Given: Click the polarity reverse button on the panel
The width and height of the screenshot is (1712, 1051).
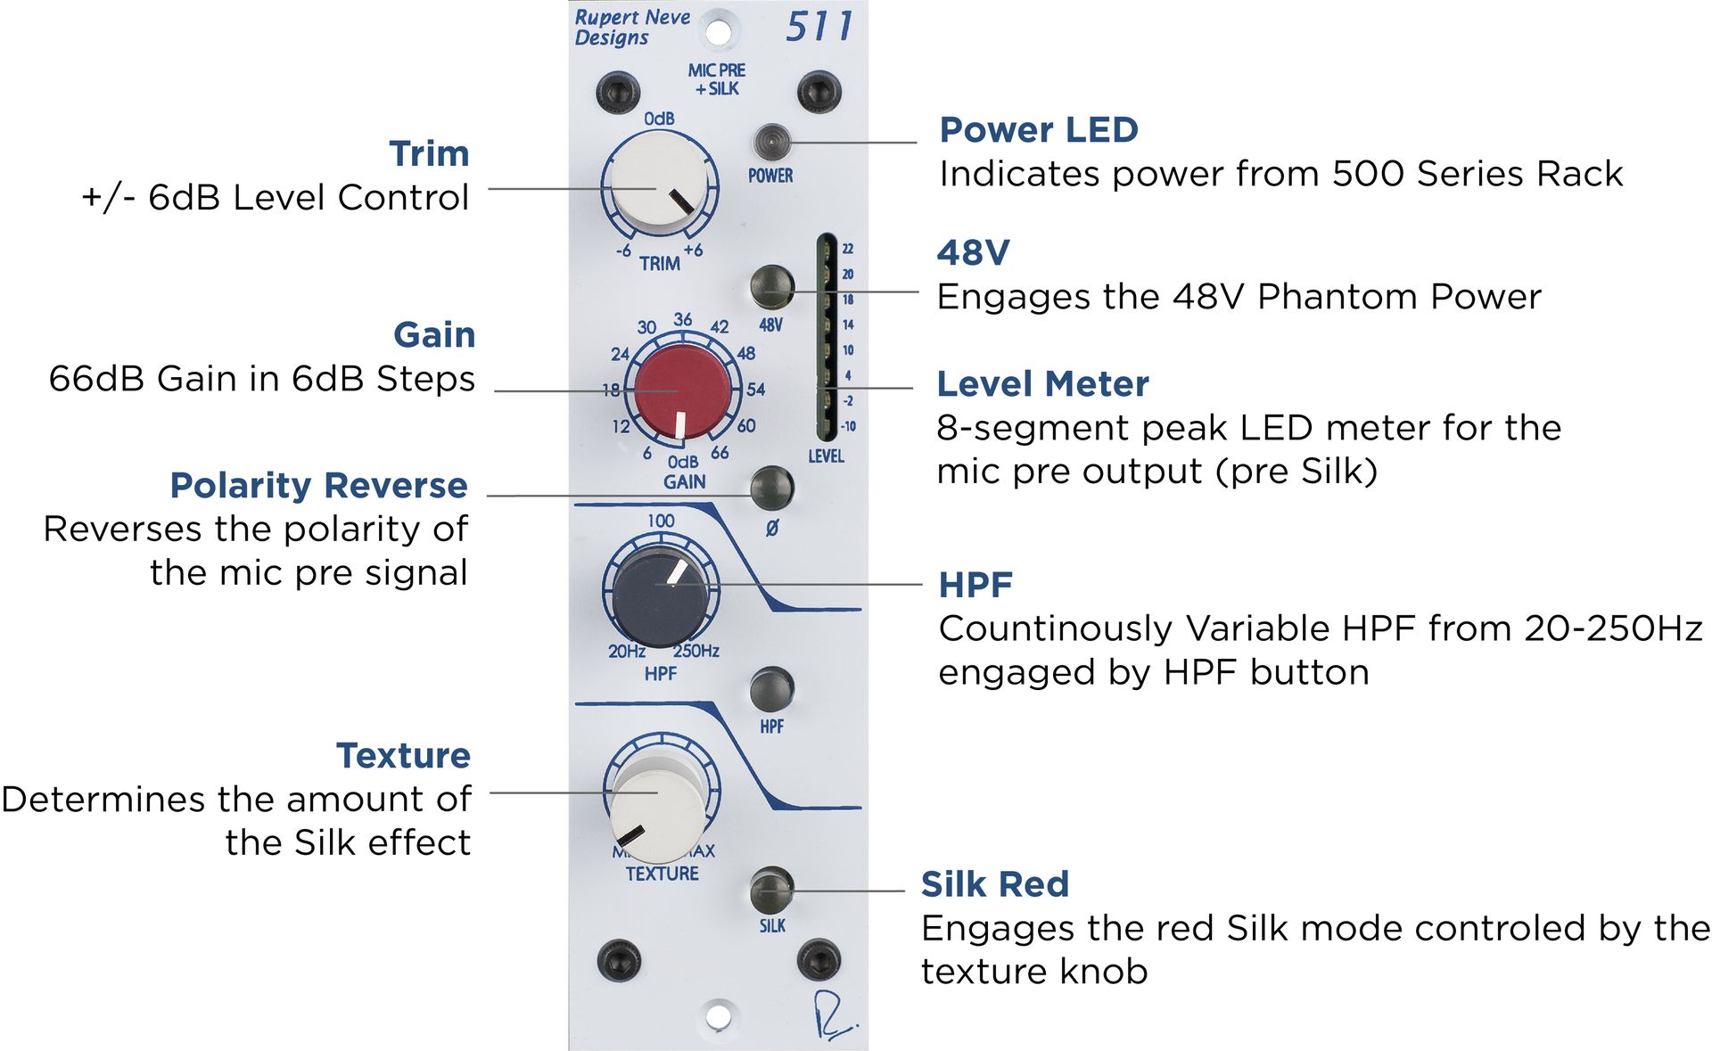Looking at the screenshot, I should click(771, 488).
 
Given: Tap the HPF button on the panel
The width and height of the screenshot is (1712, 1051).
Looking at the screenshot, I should click(771, 689).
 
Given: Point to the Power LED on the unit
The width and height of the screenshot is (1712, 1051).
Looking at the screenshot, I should click(771, 142).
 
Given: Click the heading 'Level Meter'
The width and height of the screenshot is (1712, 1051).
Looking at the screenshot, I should click(1042, 384).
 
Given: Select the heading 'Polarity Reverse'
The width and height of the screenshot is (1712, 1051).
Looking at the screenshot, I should click(318, 486).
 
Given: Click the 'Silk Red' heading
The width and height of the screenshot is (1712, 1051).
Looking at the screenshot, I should click(994, 884).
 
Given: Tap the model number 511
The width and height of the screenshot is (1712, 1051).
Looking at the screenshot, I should click(819, 27).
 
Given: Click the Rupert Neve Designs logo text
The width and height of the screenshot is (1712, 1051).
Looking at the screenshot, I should click(631, 28).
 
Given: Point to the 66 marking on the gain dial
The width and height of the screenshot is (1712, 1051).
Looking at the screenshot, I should click(720, 453).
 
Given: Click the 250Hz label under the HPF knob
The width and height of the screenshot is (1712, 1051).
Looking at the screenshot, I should click(696, 651).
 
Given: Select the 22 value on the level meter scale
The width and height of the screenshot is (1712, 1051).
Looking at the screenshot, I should click(848, 249).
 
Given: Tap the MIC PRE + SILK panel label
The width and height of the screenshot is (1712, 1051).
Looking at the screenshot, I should click(717, 79).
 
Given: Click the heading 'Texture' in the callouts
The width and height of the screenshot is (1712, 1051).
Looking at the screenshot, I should click(403, 756).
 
